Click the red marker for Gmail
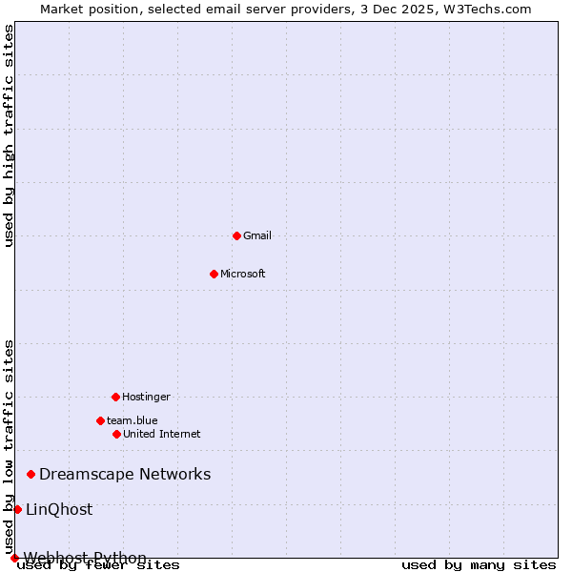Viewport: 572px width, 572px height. click(x=236, y=235)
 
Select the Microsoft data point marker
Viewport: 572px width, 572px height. click(x=214, y=274)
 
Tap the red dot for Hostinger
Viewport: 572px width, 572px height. click(x=115, y=397)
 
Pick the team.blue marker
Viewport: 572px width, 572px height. click(x=100, y=420)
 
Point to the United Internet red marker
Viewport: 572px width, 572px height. click(x=116, y=434)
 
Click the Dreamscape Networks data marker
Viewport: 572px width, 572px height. click(x=31, y=474)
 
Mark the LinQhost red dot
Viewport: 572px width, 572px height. click(x=17, y=509)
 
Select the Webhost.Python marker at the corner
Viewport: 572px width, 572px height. click(x=14, y=558)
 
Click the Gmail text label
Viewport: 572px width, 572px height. click(x=257, y=235)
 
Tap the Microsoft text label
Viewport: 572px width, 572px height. click(x=243, y=274)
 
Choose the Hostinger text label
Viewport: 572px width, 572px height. click(x=146, y=397)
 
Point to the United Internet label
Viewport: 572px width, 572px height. click(x=162, y=434)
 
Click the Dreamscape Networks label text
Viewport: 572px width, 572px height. click(x=125, y=474)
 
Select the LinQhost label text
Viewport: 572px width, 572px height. click(x=59, y=509)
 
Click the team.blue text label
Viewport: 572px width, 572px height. click(x=133, y=420)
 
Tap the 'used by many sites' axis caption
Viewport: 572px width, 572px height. click(x=479, y=565)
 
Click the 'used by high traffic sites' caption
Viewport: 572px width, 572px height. click(x=10, y=135)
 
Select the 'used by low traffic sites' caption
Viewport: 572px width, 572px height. click(x=10, y=446)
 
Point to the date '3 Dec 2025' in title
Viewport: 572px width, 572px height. click(x=400, y=9)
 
